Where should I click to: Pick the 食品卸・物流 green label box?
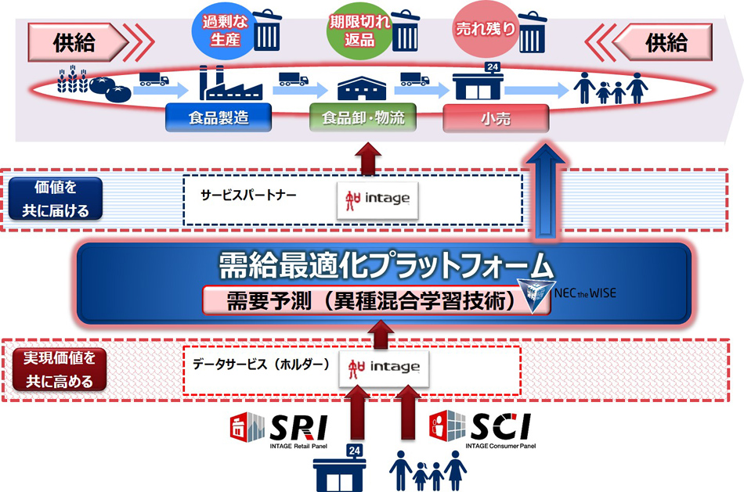pos(358,119)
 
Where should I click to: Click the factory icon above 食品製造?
pos(226,81)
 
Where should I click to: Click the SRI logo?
pos(278,429)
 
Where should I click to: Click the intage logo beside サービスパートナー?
pos(377,199)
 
